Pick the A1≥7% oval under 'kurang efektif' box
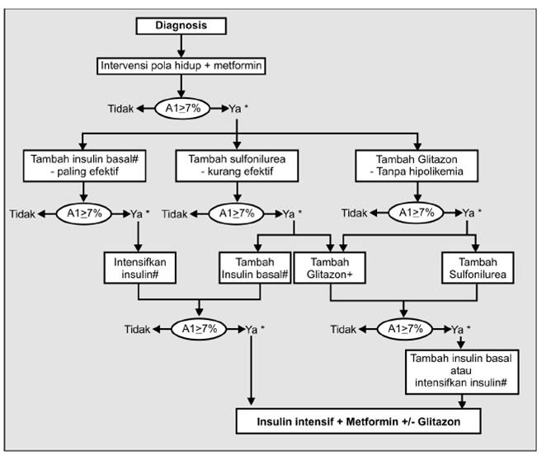(x=238, y=214)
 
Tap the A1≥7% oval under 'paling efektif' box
(x=84, y=214)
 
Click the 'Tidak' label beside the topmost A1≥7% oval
(x=120, y=108)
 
